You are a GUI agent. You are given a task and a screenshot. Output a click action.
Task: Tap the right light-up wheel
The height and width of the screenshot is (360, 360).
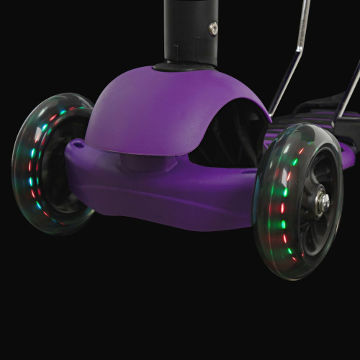click(299, 202)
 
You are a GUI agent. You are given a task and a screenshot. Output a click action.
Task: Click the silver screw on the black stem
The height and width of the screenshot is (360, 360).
click(213, 29)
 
